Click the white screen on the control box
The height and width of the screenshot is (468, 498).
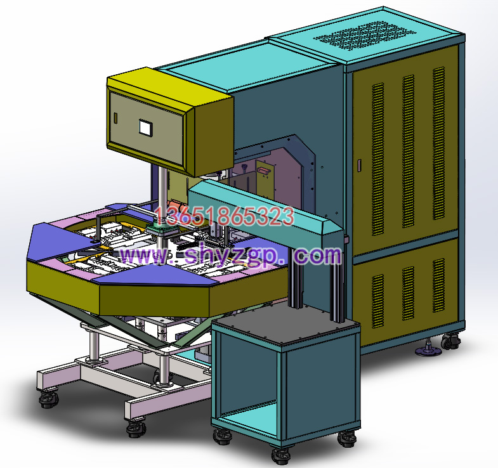coord(146,127)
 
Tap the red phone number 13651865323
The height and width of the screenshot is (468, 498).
coord(224,216)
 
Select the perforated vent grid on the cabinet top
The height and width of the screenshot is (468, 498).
coord(365,36)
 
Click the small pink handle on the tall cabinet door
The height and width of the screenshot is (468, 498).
coord(360,166)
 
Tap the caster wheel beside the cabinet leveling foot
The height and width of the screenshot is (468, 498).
coord(450,341)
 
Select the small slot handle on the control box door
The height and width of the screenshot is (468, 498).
coord(115,118)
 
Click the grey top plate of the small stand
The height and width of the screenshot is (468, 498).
coord(286,325)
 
